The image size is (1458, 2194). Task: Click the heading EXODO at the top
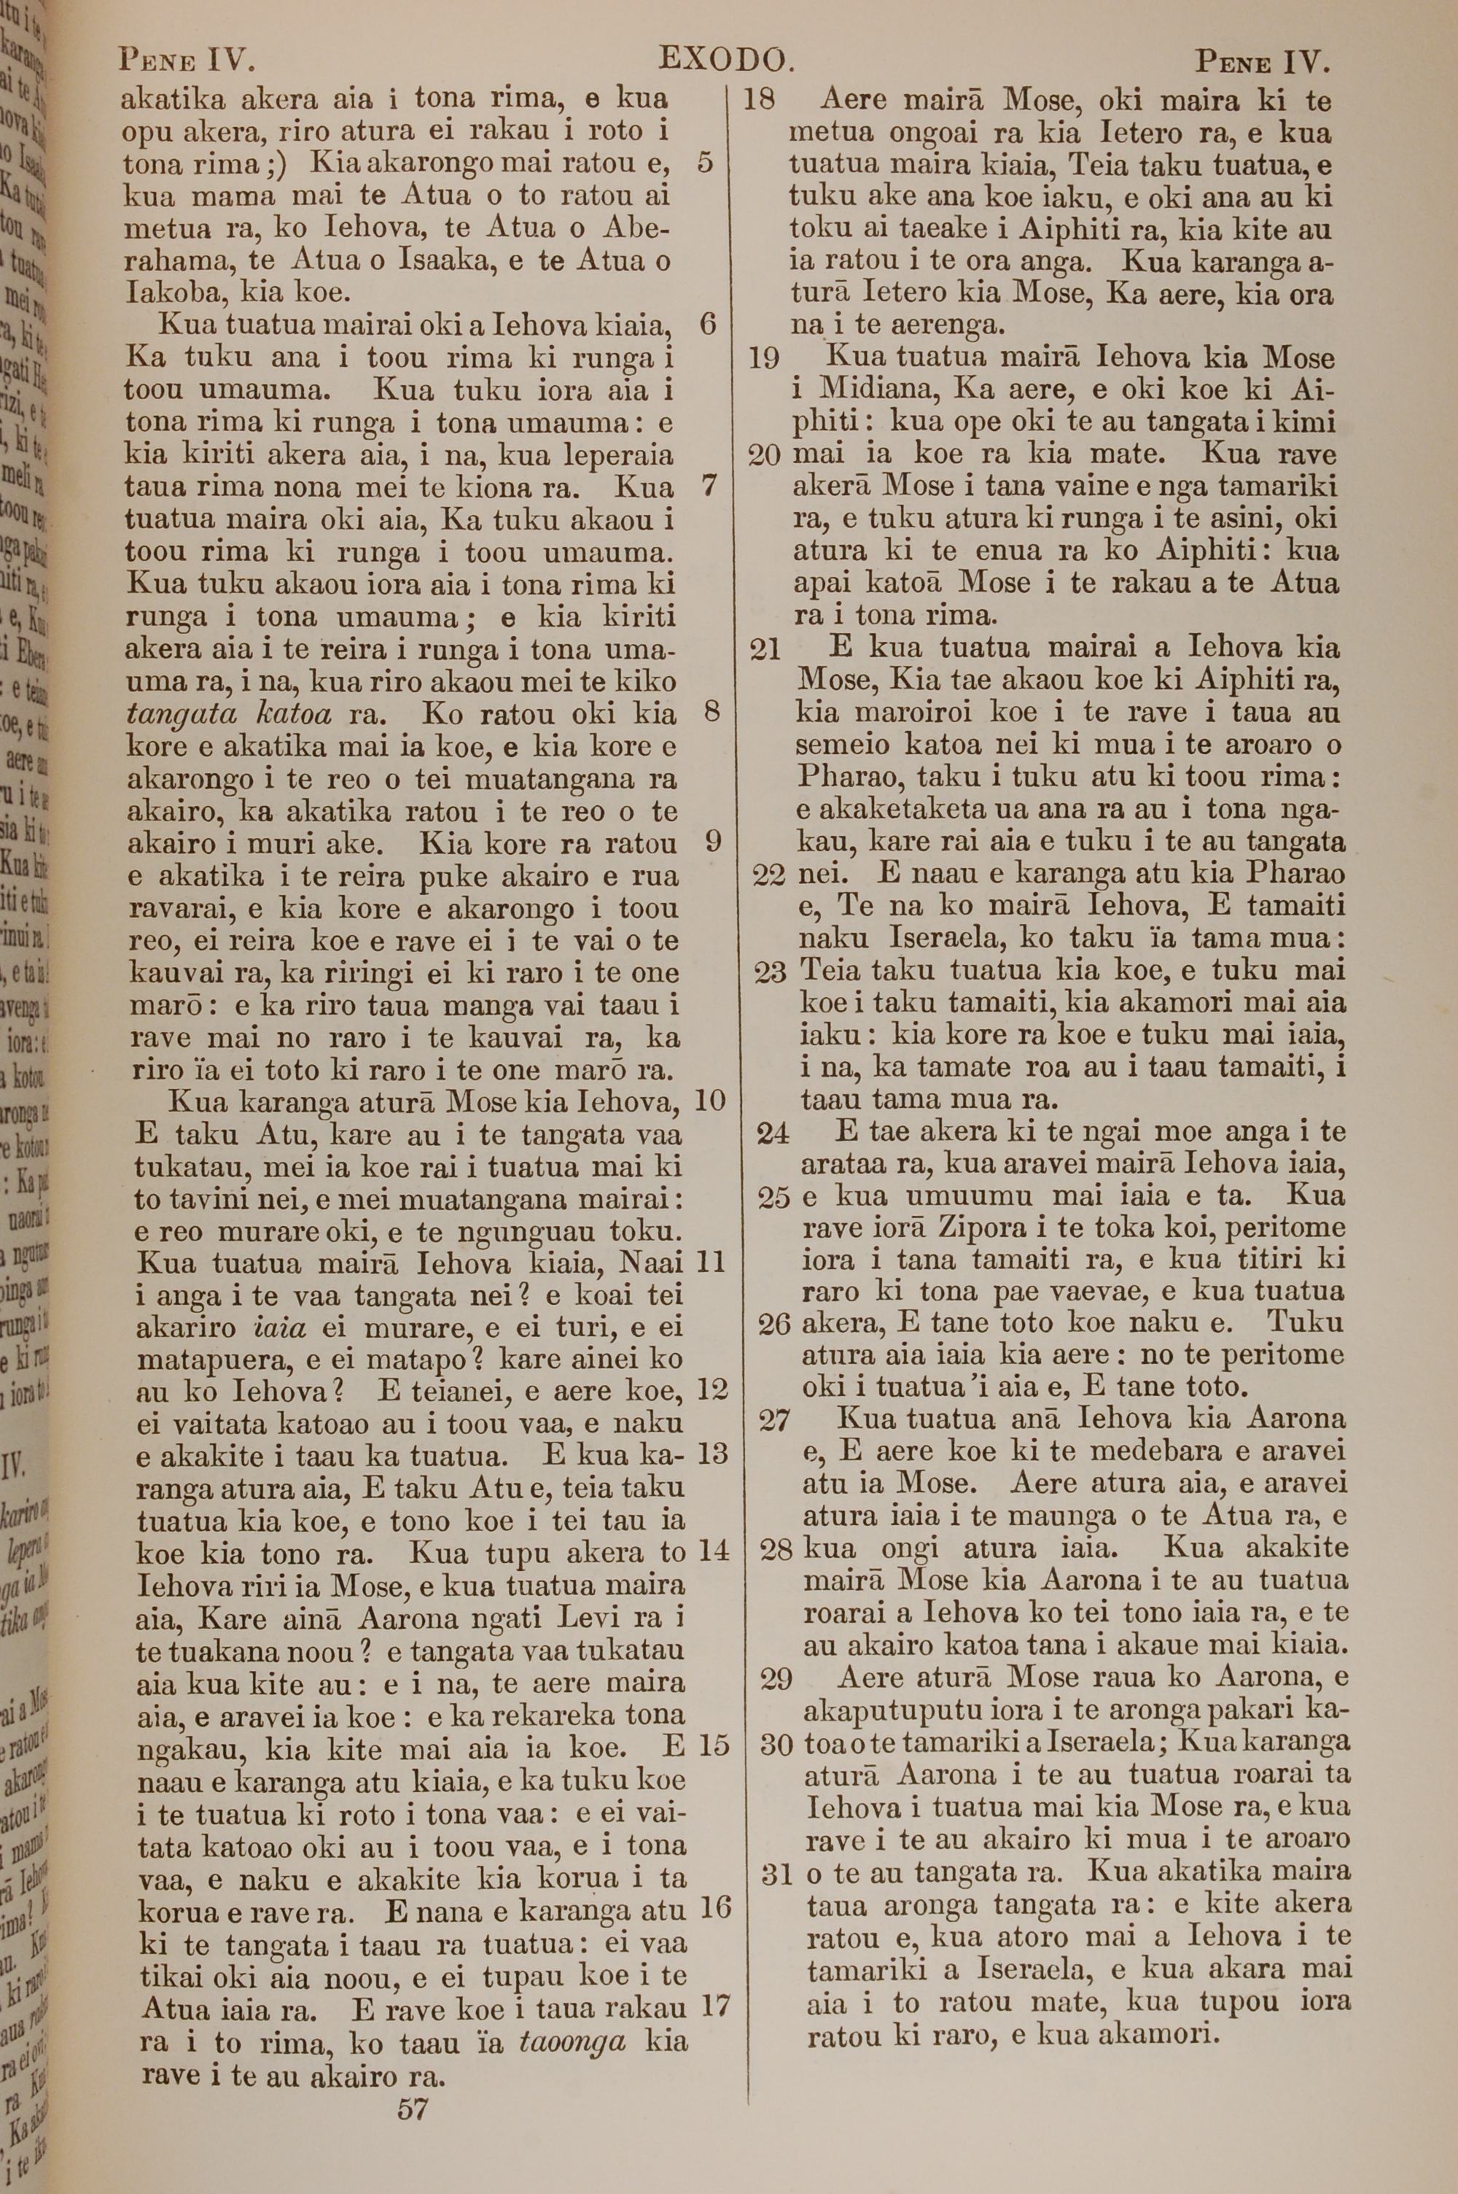click(x=726, y=61)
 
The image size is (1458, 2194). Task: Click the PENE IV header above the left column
click(x=187, y=61)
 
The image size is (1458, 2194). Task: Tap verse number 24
click(x=773, y=1133)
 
